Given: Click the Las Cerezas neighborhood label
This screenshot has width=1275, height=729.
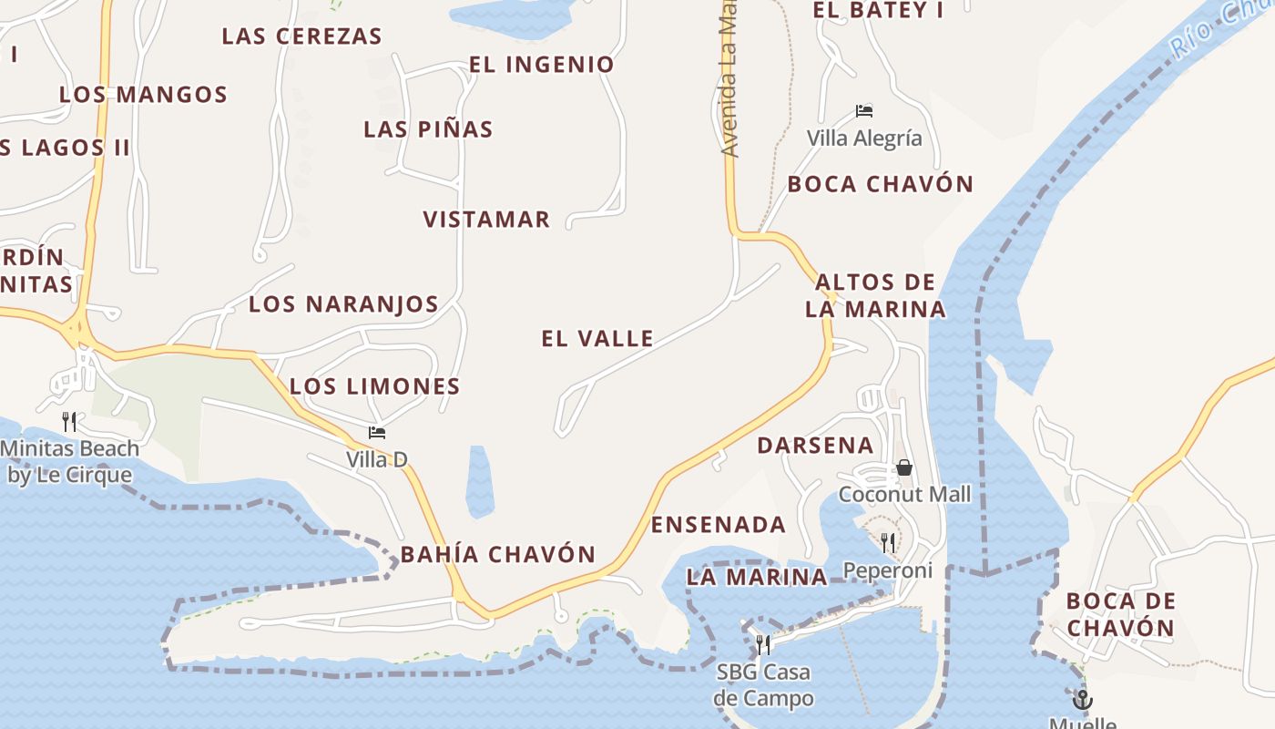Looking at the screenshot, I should tap(301, 36).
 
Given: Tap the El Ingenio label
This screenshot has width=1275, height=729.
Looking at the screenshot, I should tap(541, 65).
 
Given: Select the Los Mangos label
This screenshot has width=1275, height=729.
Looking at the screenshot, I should tap(143, 95).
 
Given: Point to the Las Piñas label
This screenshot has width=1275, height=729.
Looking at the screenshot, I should tap(428, 129).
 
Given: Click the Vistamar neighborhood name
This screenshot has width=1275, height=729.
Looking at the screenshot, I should tap(486, 220).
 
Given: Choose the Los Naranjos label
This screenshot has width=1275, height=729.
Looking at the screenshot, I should tap(343, 304).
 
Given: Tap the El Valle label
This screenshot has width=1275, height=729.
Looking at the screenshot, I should tap(597, 339).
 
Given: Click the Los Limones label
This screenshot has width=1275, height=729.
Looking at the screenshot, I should tap(374, 386).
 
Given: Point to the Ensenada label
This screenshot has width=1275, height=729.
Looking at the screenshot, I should tap(718, 525).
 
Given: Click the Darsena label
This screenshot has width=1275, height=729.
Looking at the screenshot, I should tap(815, 446).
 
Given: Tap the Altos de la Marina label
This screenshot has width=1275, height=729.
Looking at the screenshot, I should tap(875, 295).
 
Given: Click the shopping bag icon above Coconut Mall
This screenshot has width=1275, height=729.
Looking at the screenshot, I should tap(904, 467).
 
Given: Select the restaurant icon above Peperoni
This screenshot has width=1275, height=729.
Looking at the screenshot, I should tap(887, 543).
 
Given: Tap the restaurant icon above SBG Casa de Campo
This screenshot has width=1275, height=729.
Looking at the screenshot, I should tap(763, 645).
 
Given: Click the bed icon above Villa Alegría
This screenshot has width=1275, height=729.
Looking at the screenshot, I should tap(864, 111).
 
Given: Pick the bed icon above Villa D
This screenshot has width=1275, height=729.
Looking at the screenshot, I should tap(377, 432).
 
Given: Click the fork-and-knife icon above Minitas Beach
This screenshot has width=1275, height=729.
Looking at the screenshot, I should tap(69, 421).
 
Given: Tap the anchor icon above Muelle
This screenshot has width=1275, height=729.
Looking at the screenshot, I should tap(1082, 700).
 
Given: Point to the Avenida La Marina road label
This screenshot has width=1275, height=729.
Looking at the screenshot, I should tap(729, 82).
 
